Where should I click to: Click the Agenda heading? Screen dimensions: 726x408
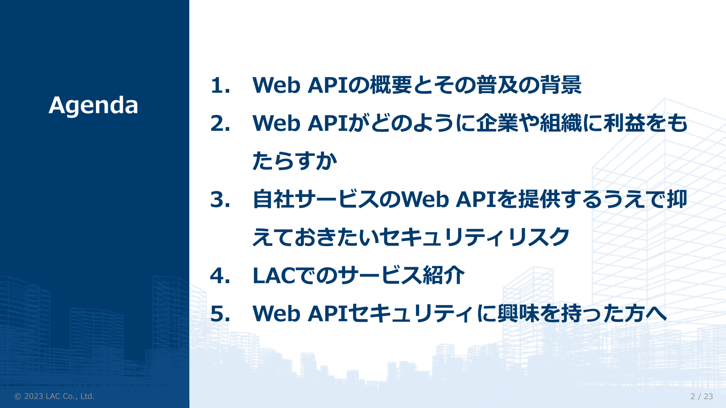(x=93, y=106)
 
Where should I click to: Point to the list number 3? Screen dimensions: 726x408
(x=220, y=199)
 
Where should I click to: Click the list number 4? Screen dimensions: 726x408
(x=220, y=275)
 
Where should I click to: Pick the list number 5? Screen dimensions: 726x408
(x=220, y=314)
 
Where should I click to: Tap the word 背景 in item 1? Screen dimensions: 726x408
(x=561, y=85)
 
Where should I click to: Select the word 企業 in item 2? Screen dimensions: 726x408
(x=497, y=123)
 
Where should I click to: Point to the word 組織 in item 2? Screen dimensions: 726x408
(x=561, y=123)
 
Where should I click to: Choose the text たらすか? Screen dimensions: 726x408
(x=295, y=161)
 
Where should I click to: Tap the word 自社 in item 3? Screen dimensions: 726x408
(x=274, y=199)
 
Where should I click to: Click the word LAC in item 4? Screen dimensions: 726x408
(x=275, y=275)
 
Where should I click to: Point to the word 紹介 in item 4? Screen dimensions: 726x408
(x=444, y=275)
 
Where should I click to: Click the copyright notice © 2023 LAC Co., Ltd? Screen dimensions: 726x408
(x=54, y=396)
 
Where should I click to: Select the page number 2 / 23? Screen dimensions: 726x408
(x=702, y=396)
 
